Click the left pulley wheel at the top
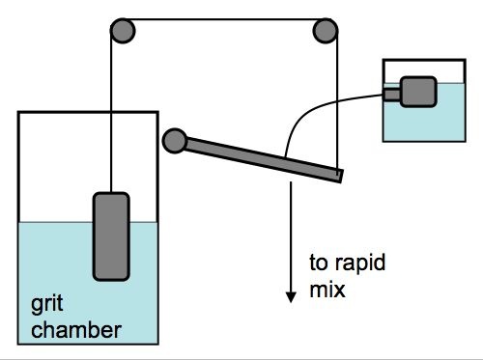tap(123, 31)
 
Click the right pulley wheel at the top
tap(326, 31)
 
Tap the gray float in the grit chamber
tap(111, 236)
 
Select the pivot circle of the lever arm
tap(175, 141)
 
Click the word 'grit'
tap(47, 304)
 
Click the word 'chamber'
tap(76, 330)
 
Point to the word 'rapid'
tap(360, 263)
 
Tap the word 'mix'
tap(327, 290)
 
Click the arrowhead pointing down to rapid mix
tap(291, 297)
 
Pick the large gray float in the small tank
tap(418, 92)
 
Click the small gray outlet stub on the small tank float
tap(391, 95)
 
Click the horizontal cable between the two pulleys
tap(224, 19)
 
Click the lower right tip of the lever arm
tap(341, 182)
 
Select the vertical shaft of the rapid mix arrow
tap(291, 237)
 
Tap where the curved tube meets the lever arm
tap(285, 157)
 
